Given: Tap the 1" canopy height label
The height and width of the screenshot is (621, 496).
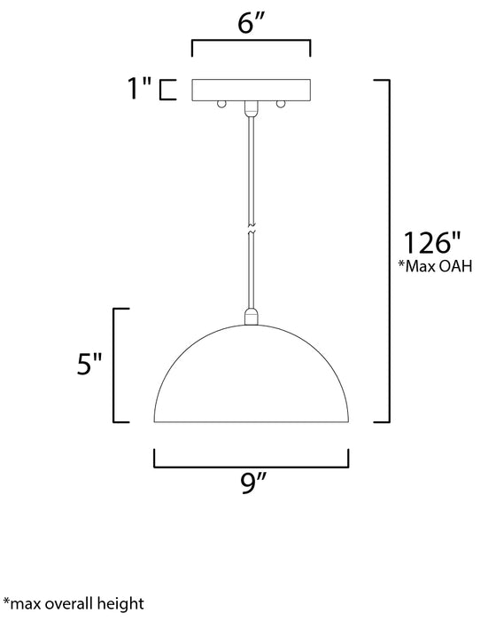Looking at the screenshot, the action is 139,88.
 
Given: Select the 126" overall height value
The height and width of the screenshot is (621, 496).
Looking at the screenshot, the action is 432,242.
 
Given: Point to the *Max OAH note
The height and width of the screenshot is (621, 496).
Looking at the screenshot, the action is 435,266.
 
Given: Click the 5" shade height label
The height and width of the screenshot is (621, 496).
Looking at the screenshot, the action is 89,364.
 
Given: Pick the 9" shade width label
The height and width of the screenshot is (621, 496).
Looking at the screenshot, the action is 253,483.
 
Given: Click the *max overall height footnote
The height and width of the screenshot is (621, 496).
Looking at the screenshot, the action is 74,604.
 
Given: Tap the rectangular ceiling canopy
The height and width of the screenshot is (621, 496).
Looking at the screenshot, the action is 252,90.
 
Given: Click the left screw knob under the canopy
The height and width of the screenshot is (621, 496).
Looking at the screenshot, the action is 221,104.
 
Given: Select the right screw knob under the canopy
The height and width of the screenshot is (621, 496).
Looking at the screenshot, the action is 281,104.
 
